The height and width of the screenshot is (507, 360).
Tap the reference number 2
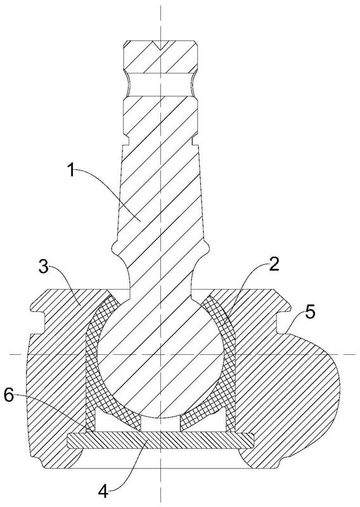[x=274, y=265]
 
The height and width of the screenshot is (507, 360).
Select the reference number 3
[x=44, y=267]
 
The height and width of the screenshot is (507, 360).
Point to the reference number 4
[x=103, y=492]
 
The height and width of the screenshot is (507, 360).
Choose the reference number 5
[x=310, y=312]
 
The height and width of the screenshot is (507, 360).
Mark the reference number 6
[x=9, y=395]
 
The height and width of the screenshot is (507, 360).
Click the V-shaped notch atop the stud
[x=160, y=45]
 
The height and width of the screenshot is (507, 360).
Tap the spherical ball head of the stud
[x=160, y=355]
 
